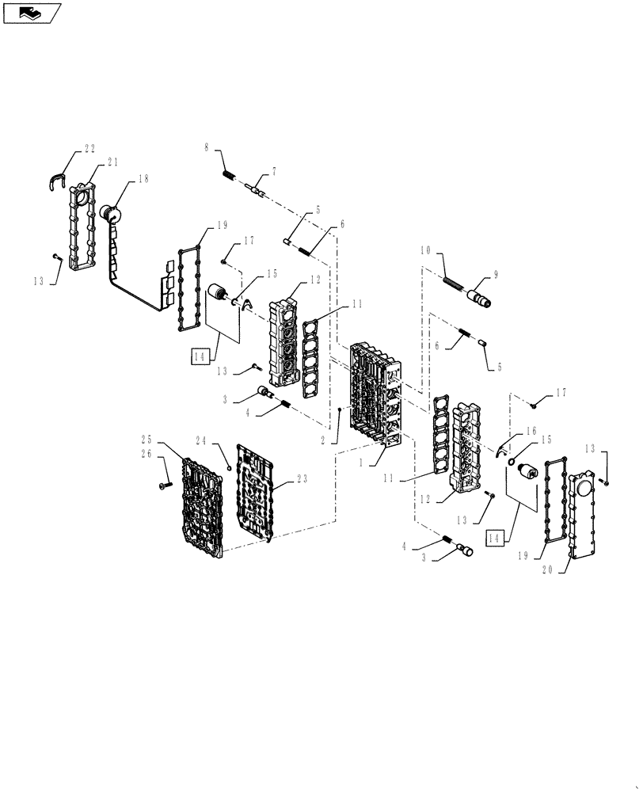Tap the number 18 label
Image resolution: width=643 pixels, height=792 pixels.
pos(143,179)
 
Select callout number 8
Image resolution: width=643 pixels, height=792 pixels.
pos(207,147)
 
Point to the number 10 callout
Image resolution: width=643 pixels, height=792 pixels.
pos(425,250)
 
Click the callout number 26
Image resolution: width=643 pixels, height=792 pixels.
pos(146,454)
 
